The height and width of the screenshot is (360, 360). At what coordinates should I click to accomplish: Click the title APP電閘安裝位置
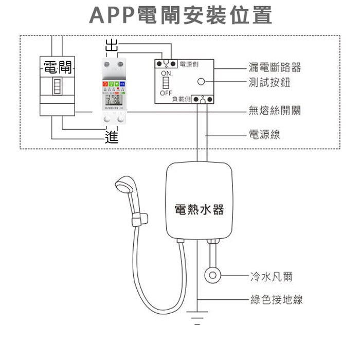click(180, 15)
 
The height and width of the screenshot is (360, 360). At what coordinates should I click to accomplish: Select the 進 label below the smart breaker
click(111, 136)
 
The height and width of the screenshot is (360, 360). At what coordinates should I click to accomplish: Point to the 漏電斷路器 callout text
click(275, 67)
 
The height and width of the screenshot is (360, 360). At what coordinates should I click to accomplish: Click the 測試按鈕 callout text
click(269, 82)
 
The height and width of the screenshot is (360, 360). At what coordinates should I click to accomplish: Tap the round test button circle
click(202, 81)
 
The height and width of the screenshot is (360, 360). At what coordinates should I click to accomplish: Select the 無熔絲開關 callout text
click(275, 111)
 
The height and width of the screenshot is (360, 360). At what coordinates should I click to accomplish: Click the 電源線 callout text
click(264, 135)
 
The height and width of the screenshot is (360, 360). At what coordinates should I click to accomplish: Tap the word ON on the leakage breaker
click(166, 74)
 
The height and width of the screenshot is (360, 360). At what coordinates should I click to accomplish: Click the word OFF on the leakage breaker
click(166, 94)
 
